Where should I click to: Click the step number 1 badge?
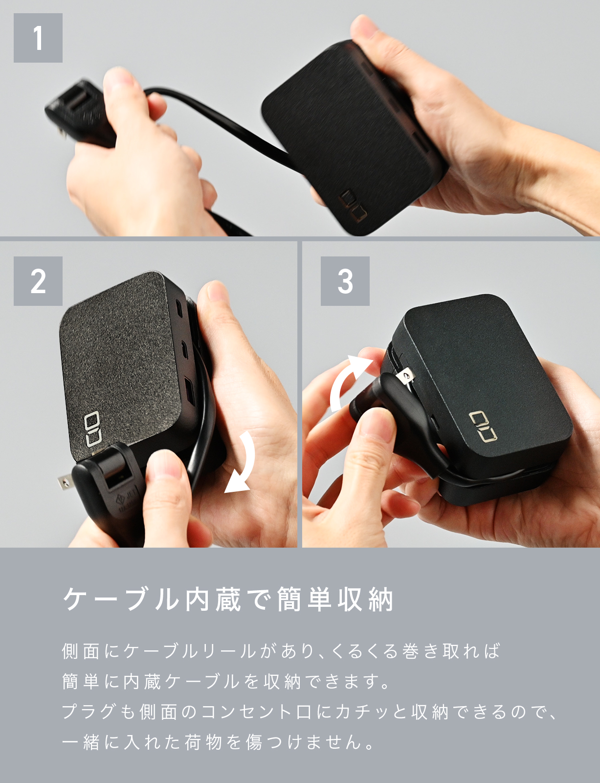point(38,38)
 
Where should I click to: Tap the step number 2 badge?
point(38,281)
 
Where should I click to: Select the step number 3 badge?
point(345,281)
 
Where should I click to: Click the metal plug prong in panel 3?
point(405,376)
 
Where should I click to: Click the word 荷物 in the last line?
point(203,742)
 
